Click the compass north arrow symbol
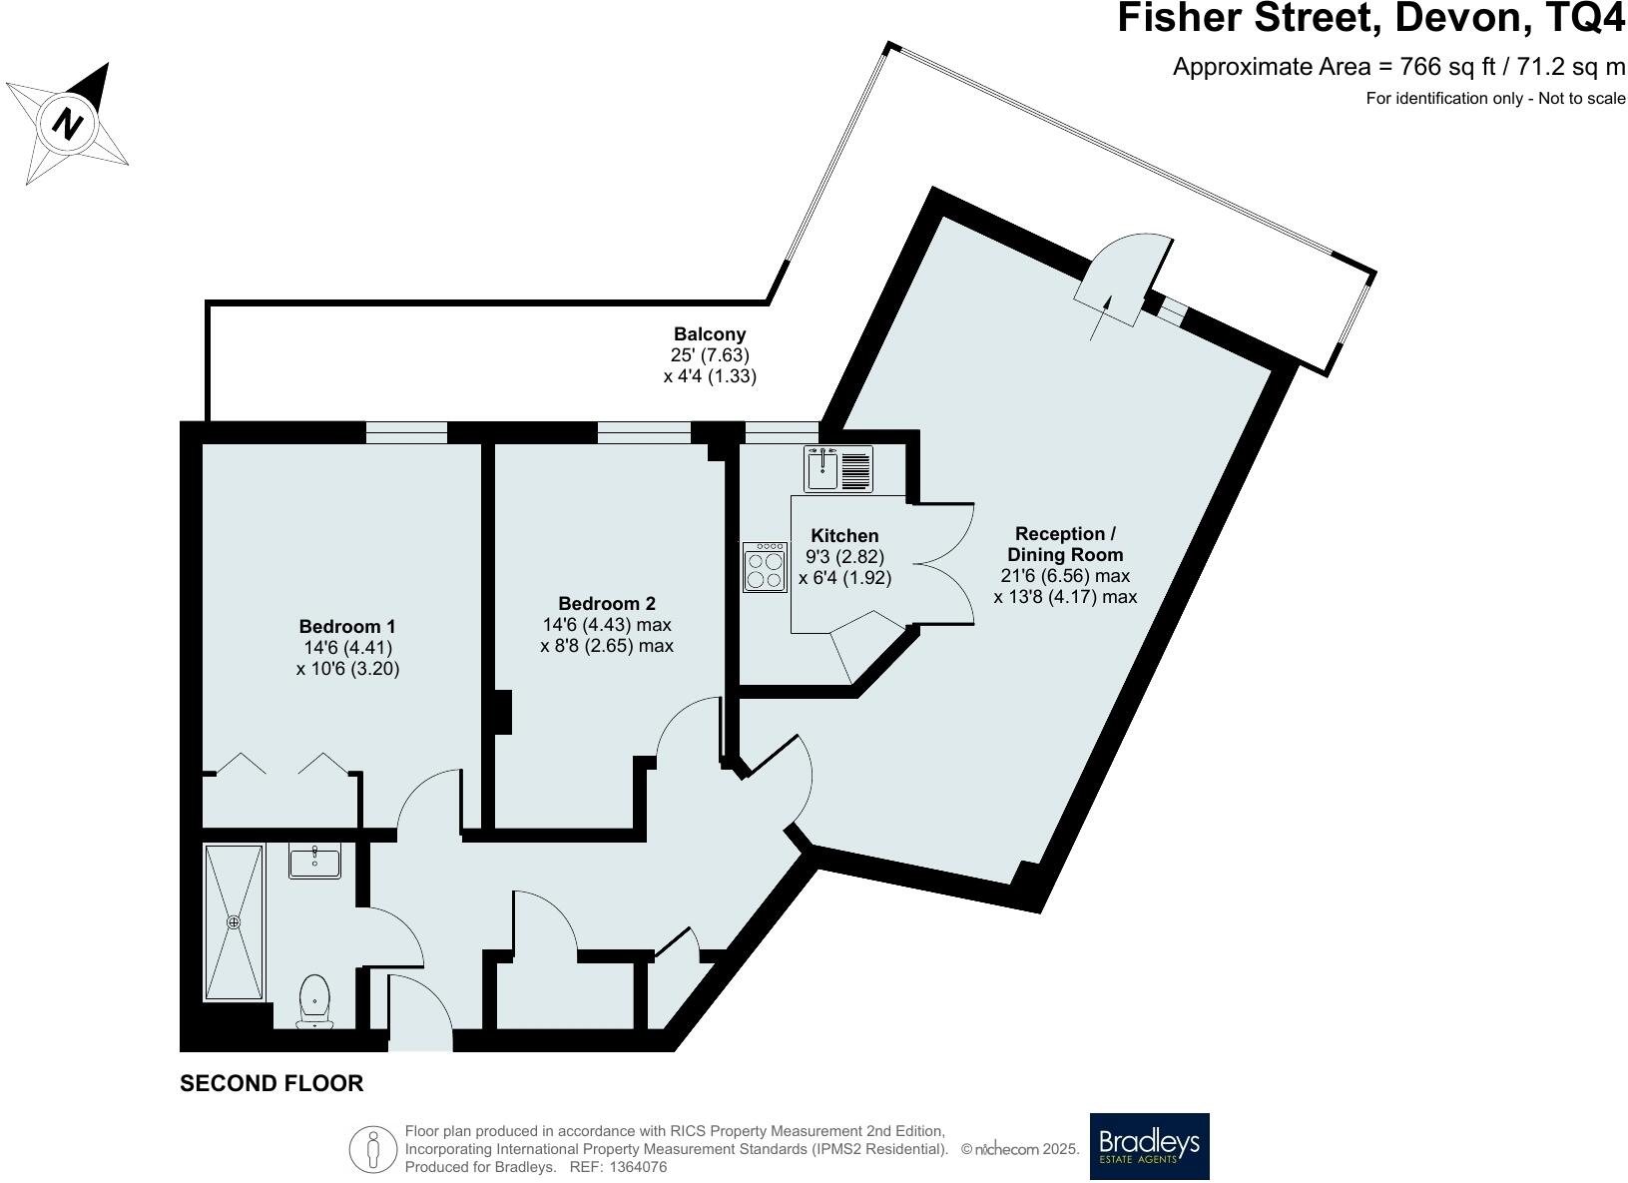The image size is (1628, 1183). click(68, 123)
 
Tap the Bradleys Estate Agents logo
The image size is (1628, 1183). click(1148, 1146)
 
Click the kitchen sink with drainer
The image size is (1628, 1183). click(838, 468)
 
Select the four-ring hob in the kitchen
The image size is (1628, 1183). click(765, 568)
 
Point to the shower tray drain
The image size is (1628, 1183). click(235, 922)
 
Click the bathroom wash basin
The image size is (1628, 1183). click(315, 861)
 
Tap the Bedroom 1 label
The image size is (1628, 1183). click(347, 627)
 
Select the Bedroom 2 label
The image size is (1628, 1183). click(606, 603)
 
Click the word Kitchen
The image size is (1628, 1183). click(844, 536)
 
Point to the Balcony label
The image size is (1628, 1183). click(710, 334)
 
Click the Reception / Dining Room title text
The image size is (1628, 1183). click(1065, 544)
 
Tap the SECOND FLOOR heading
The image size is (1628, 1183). click(271, 1083)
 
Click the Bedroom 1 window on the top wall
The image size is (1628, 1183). click(406, 432)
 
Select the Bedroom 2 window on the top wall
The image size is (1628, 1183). click(644, 432)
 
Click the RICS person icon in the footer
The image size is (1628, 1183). click(373, 1149)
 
